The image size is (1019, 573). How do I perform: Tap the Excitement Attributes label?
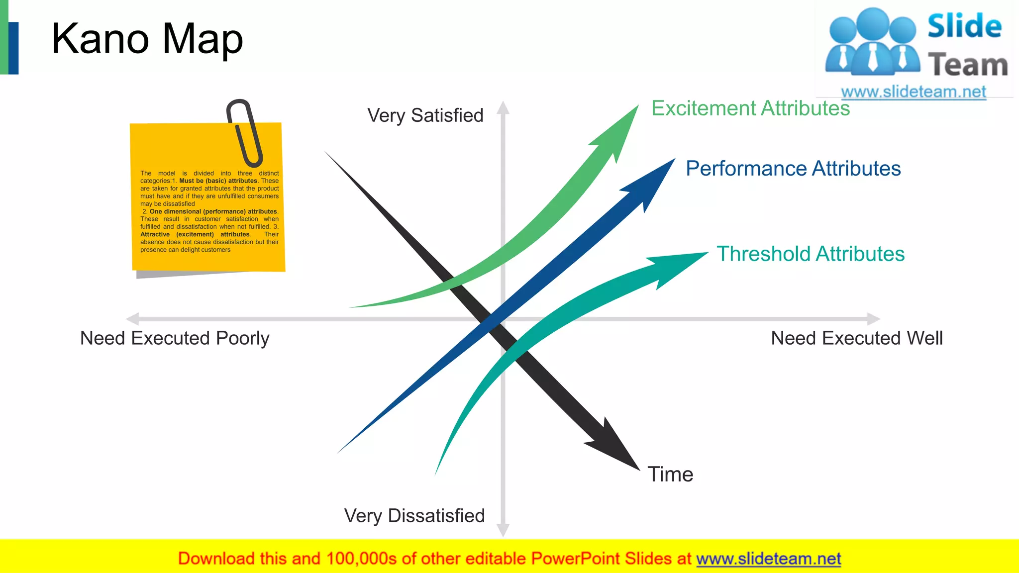[750, 108]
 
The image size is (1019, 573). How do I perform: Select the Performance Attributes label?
[793, 169]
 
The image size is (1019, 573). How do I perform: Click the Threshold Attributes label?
[810, 254]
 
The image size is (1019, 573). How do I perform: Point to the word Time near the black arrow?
[670, 474]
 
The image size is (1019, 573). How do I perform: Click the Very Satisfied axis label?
[425, 115]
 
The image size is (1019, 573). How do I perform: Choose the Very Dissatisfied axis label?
[414, 516]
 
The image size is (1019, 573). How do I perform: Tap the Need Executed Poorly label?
[175, 338]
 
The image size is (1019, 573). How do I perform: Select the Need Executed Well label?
[856, 338]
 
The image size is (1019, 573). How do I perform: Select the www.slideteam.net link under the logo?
[913, 92]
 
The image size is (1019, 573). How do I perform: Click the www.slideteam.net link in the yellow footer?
[768, 559]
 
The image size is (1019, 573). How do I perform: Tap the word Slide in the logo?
[964, 26]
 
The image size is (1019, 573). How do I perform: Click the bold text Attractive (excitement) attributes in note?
[195, 234]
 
